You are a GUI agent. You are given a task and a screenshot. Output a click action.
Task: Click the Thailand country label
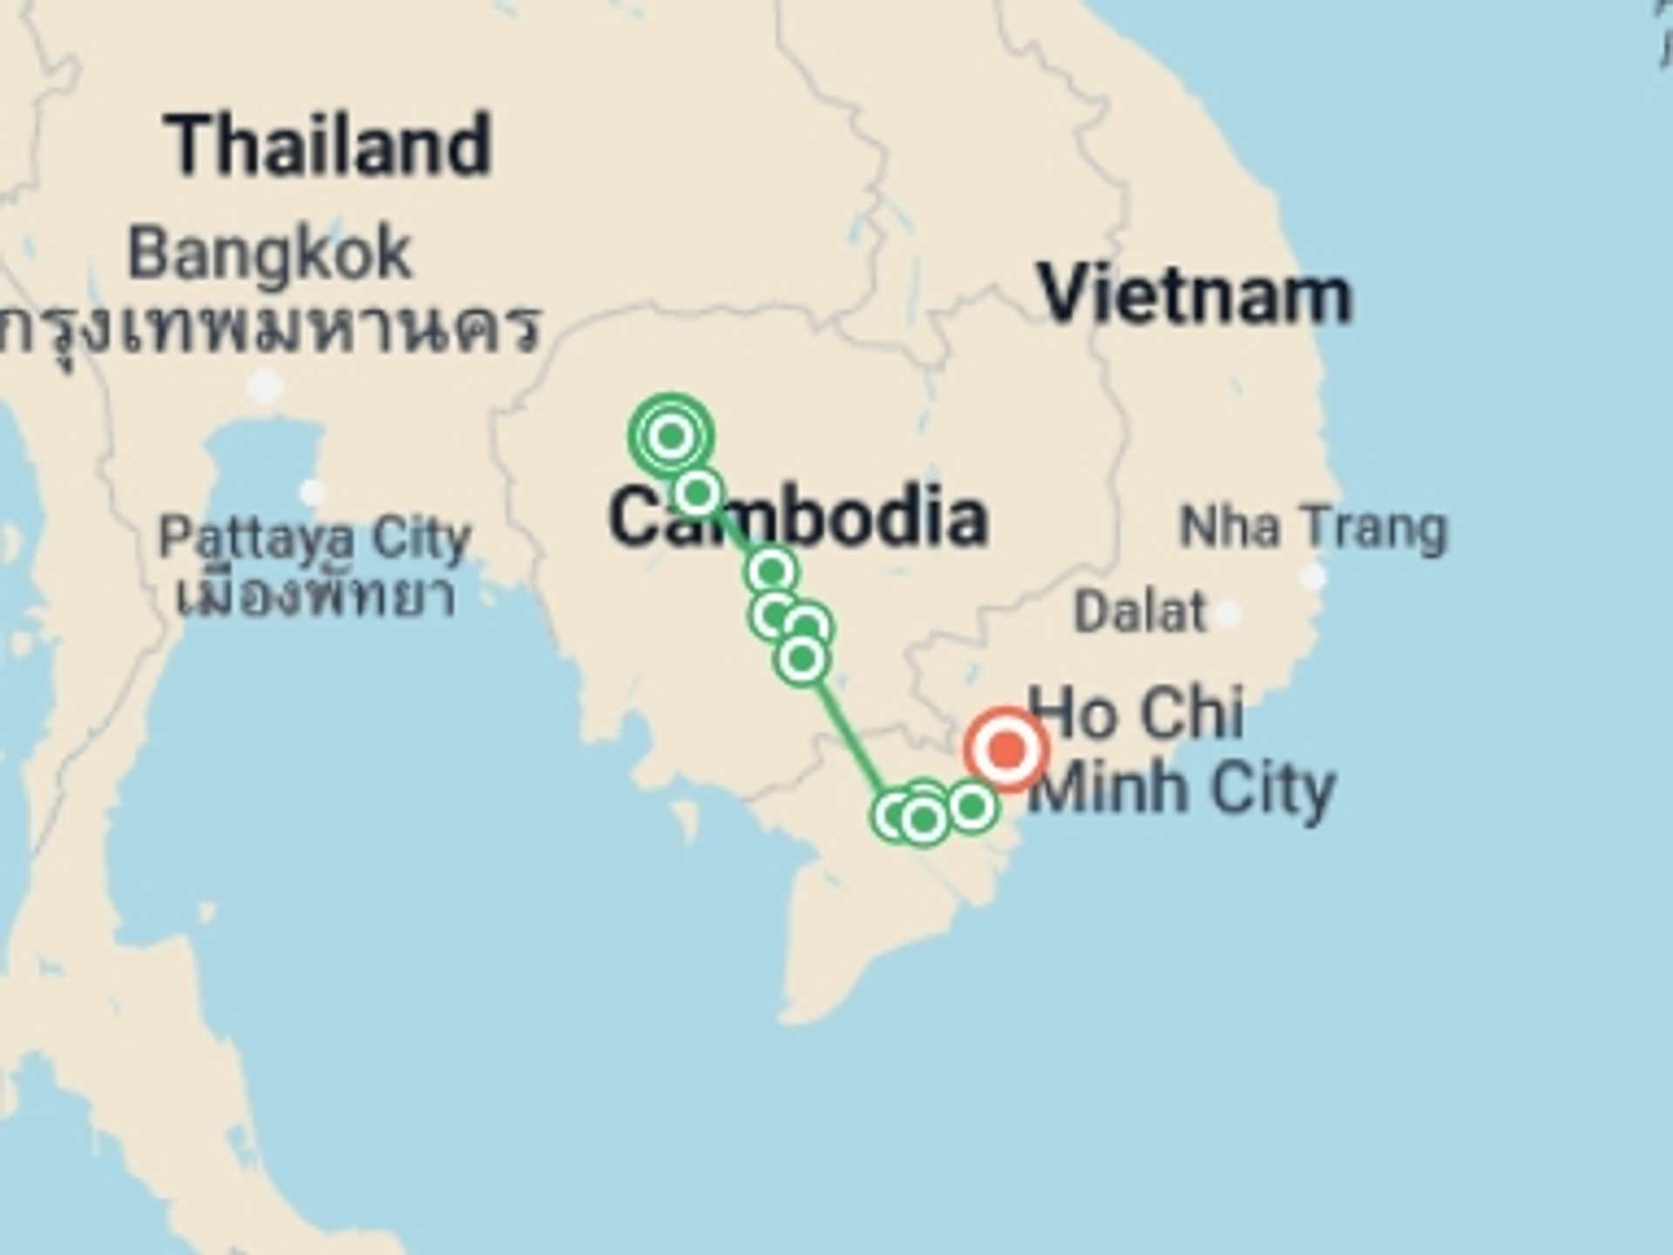pyautogui.click(x=329, y=146)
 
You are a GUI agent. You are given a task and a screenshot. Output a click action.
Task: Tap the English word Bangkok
pyautogui.click(x=269, y=254)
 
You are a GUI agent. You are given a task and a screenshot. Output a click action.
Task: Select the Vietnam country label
pyautogui.click(x=1195, y=296)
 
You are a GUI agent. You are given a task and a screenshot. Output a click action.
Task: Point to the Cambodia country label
pyautogui.click(x=797, y=518)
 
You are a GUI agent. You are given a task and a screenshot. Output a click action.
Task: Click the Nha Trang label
pyautogui.click(x=1312, y=528)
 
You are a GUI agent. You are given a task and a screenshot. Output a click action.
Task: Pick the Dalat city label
pyautogui.click(x=1140, y=612)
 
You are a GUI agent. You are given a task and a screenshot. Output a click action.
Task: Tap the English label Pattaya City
pyautogui.click(x=315, y=539)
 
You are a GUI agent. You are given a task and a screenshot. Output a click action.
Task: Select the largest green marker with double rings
pyautogui.click(x=671, y=435)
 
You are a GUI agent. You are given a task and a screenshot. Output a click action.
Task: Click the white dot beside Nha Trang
pyautogui.click(x=1312, y=576)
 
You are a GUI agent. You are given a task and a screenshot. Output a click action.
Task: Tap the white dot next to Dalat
pyautogui.click(x=1228, y=614)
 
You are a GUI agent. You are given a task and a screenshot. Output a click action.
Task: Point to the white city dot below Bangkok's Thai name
pyautogui.click(x=266, y=384)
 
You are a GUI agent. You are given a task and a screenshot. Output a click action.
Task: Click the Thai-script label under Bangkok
pyautogui.click(x=270, y=329)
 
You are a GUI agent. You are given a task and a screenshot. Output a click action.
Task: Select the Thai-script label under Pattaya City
pyautogui.click(x=315, y=597)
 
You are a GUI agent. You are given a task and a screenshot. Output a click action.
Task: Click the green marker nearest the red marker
pyautogui.click(x=972, y=806)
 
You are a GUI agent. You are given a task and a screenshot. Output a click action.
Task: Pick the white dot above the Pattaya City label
pyautogui.click(x=312, y=492)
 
